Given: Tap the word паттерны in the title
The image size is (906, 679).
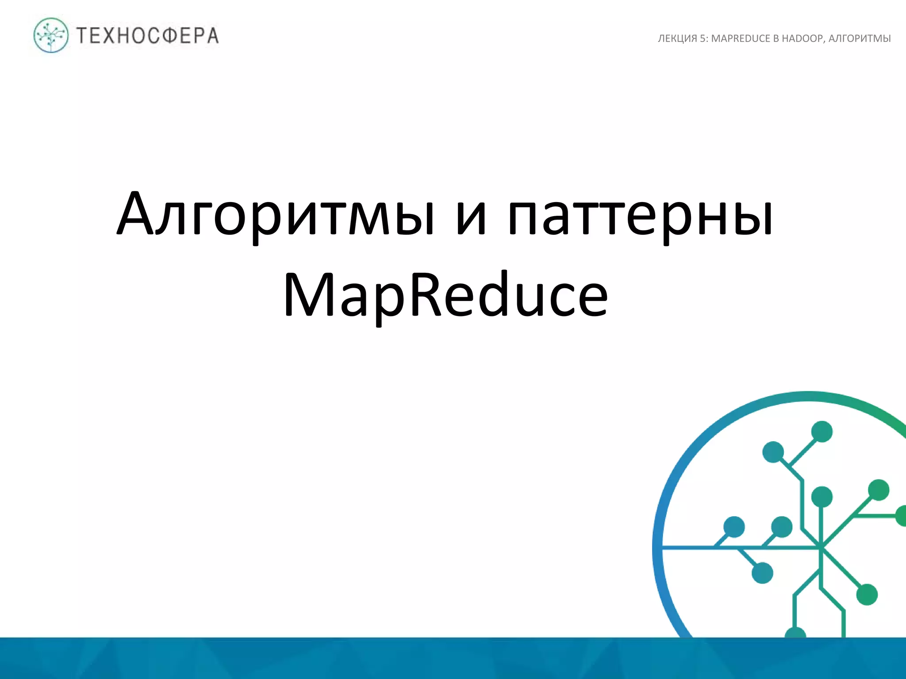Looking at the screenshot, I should point(640,215).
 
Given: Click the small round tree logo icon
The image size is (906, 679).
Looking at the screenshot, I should point(51,35).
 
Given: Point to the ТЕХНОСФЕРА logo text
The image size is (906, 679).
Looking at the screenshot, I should point(148,36).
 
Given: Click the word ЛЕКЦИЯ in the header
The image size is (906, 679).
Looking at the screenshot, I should point(677,38).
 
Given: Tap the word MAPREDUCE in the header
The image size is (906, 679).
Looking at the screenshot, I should point(741,38).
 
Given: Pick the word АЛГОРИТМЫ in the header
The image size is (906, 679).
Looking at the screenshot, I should point(859,38).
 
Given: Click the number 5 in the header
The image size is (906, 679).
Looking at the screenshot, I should point(703,38).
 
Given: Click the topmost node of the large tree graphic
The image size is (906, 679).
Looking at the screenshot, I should point(822,431).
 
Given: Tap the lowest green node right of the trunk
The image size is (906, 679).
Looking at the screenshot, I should point(867,595).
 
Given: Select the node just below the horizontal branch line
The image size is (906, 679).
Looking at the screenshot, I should point(762,573).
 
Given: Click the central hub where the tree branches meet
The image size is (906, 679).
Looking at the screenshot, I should point(821,548).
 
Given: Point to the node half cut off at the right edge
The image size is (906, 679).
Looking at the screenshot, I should point(902,516).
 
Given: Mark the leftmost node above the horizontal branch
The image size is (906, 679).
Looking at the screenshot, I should point(734,527).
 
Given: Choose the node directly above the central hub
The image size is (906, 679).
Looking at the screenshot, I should point(822,497).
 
